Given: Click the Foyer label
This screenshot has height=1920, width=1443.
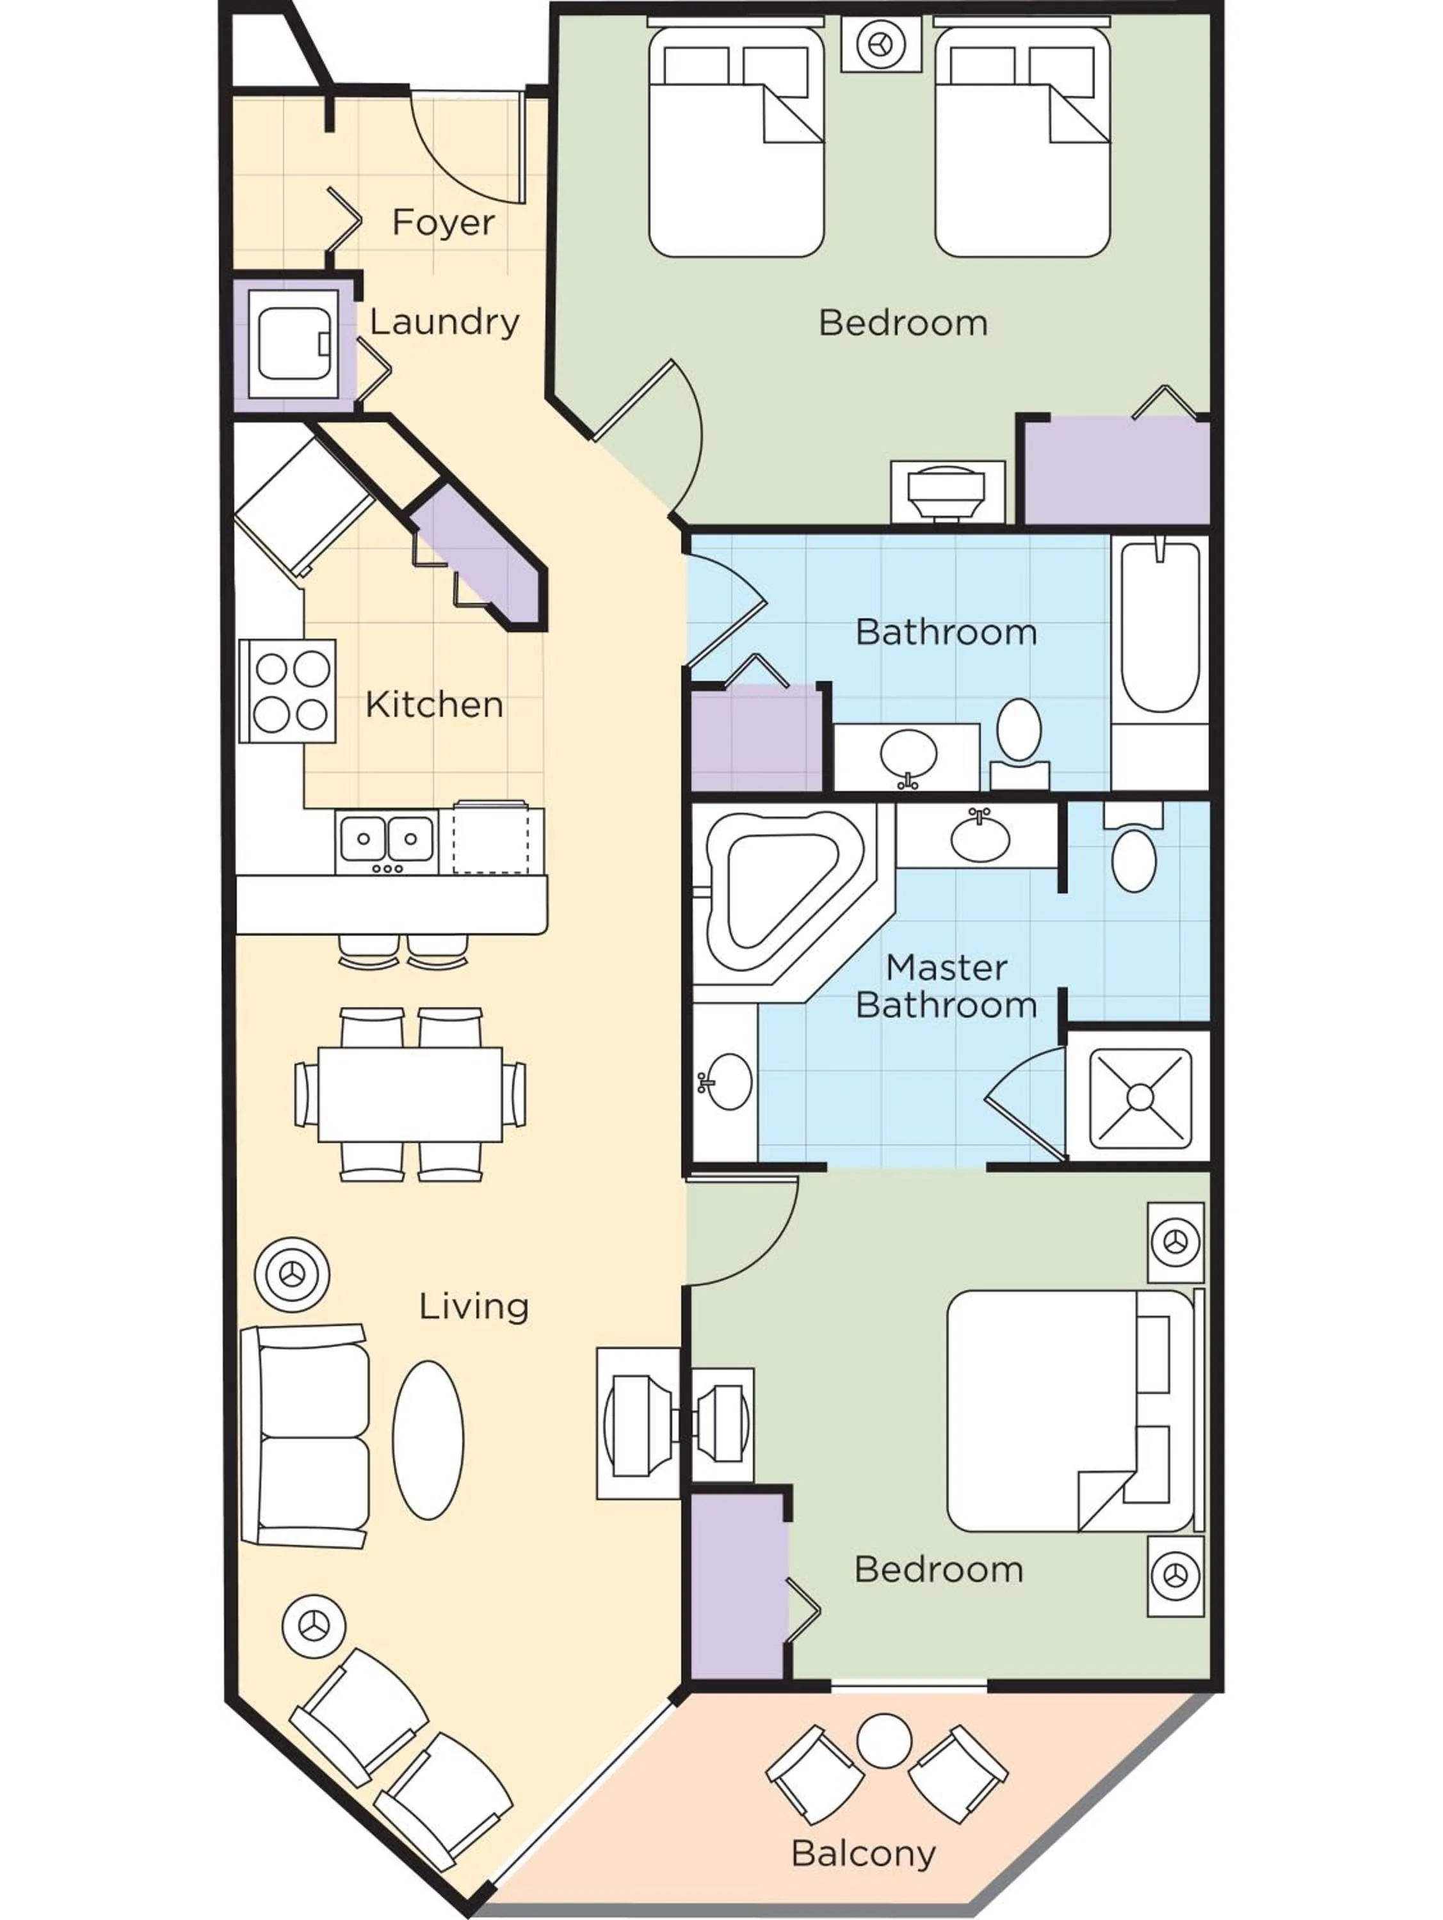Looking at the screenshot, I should (443, 223).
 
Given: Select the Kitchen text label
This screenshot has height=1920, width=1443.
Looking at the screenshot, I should (434, 705).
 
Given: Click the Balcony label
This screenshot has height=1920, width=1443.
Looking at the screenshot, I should (863, 1853).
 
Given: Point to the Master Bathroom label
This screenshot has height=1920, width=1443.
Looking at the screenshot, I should (946, 986).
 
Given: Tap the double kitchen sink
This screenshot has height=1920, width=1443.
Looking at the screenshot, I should (387, 840).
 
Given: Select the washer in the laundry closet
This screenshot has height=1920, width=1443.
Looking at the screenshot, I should (293, 344).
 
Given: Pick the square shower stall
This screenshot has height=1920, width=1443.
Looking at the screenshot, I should (1139, 1096).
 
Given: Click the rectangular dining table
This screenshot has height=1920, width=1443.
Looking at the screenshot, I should (409, 1094).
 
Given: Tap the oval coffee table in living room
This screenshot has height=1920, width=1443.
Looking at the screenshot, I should (428, 1439).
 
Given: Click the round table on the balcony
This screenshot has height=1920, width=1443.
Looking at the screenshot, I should (884, 1740).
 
